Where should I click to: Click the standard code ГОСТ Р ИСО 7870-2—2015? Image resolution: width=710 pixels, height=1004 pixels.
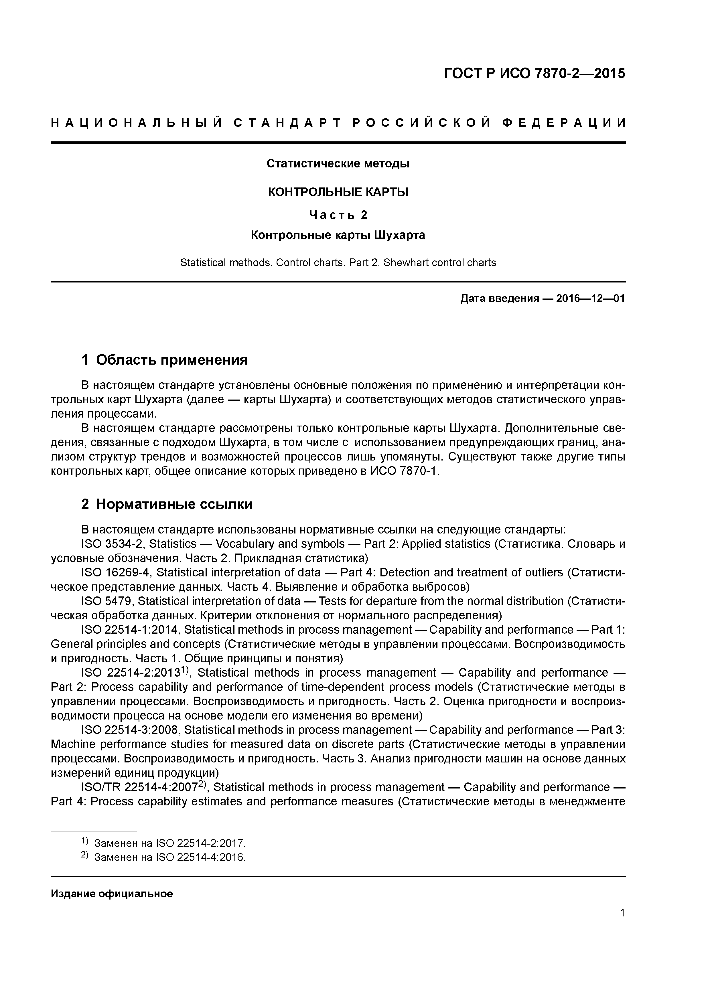[535, 74]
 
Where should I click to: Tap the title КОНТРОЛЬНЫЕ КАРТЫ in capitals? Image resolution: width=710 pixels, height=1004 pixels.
[338, 192]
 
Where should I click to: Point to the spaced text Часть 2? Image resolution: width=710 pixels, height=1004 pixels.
[338, 215]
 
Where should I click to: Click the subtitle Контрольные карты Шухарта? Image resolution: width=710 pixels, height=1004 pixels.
[338, 235]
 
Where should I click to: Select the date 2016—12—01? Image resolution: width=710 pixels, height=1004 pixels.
[591, 299]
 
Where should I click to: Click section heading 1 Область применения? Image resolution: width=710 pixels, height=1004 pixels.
[165, 360]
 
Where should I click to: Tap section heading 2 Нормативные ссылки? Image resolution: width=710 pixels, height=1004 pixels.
[167, 504]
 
